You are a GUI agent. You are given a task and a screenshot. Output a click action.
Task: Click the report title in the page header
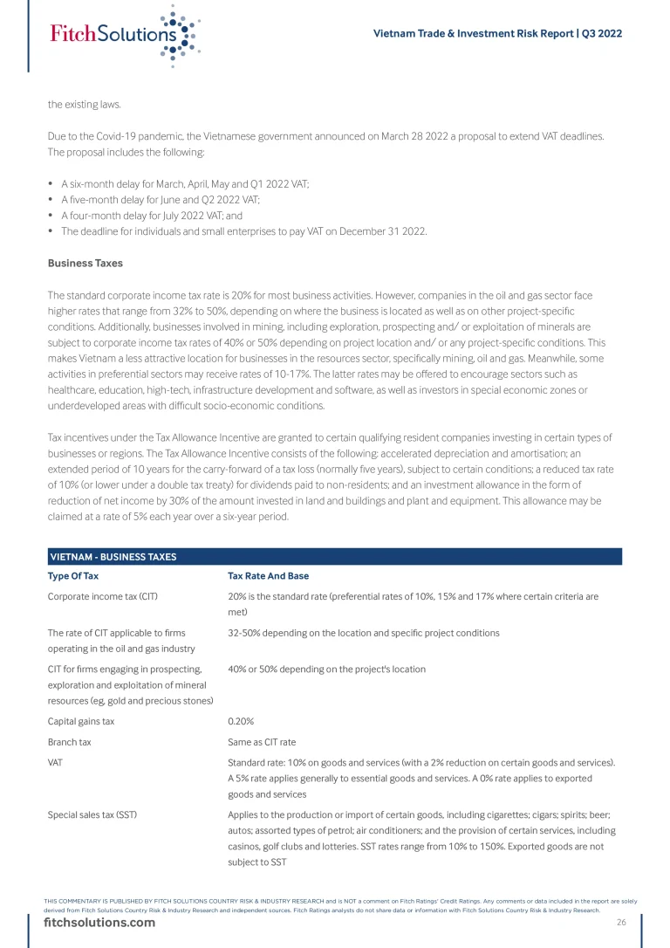[497, 34]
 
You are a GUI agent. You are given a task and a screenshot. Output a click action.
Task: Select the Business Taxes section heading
[85, 263]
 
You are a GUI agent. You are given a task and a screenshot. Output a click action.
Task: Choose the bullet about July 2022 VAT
[152, 216]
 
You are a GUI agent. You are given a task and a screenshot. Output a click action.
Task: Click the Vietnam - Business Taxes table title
[114, 557]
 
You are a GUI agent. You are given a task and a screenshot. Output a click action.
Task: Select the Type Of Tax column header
[73, 576]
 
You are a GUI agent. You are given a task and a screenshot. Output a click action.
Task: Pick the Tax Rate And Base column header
[268, 576]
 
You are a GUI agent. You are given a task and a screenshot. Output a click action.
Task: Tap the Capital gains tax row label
[81, 722]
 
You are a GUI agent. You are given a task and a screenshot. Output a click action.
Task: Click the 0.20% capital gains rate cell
[241, 722]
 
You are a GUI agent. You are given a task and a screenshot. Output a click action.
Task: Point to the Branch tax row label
[70, 742]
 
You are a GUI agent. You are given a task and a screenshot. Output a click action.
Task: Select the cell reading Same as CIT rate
[262, 742]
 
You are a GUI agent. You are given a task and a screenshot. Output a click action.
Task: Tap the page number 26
[621, 923]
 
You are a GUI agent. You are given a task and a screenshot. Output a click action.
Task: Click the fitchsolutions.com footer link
[99, 923]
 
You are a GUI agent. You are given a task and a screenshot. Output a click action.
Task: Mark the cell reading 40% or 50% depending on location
[326, 670]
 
